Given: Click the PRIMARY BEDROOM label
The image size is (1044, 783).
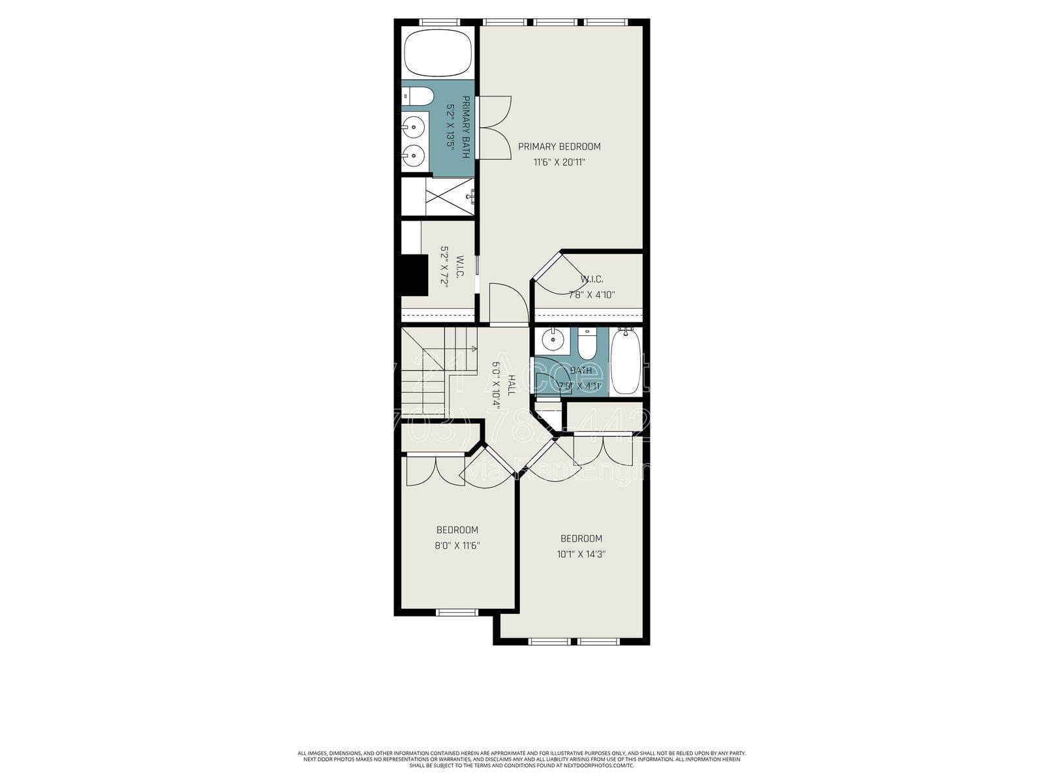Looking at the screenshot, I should point(559,147).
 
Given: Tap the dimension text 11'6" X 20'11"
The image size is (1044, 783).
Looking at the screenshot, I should point(559,162).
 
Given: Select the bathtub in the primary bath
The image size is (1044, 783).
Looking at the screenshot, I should point(437,54).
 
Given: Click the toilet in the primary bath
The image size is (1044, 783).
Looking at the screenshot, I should point(418,97).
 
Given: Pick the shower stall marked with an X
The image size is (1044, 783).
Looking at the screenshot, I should point(450,196).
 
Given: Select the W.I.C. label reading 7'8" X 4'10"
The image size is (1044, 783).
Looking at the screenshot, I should point(591,295).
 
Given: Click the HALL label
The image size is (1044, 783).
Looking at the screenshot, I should point(512,384).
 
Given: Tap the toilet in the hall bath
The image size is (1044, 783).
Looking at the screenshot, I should point(587,345).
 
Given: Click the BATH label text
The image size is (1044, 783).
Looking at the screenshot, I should point(581,371).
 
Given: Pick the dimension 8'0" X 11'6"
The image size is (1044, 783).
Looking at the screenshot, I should point(457,545).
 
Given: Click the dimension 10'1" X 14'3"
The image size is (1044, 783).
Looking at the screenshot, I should point(581,555).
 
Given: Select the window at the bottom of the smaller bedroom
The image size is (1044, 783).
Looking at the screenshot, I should point(457,612).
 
